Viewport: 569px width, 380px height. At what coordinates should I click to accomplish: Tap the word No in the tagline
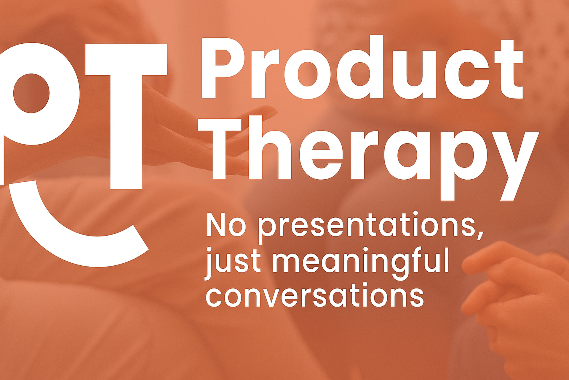[x=226, y=225]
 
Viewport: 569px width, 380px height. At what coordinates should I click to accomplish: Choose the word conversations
[x=315, y=295]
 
